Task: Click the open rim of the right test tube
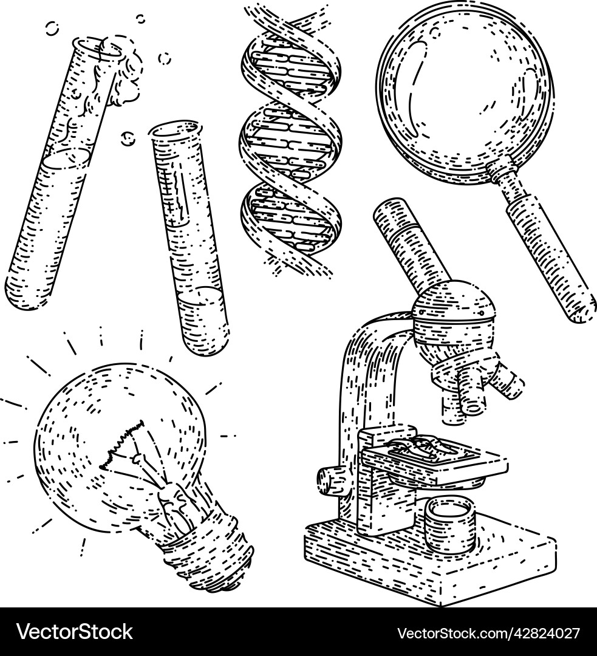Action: coord(174,129)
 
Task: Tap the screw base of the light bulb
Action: coord(213,553)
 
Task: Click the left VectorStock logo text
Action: coord(75,632)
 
